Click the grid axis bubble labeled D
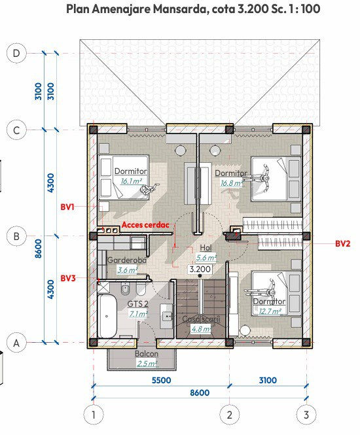point(16,53)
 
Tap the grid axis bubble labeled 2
point(230,415)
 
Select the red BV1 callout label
point(67,207)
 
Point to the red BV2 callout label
point(343,243)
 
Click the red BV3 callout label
point(68,278)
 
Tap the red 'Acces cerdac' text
point(145,225)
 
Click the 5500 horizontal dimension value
point(161,380)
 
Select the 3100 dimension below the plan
point(268,380)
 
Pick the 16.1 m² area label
point(132,181)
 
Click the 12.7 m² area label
point(270,311)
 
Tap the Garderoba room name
point(127,260)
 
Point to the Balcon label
point(147,354)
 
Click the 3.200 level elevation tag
point(200,269)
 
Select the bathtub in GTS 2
point(107,316)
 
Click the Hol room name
point(206,248)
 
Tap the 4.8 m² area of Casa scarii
point(201,329)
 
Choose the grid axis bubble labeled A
point(16,343)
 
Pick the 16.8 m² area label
point(232,183)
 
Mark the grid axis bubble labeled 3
point(306,415)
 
